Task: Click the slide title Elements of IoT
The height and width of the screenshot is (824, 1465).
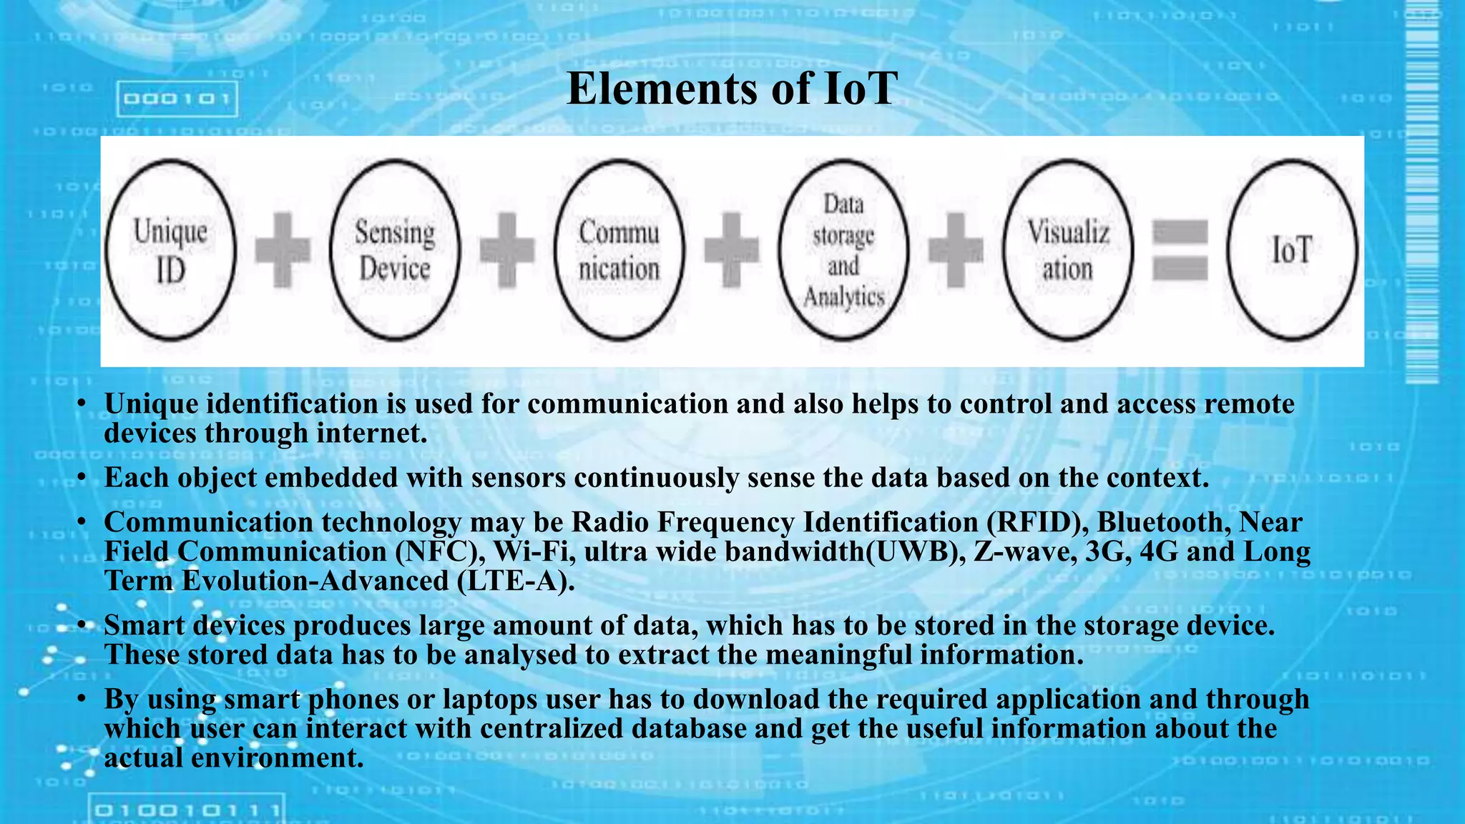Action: click(x=731, y=89)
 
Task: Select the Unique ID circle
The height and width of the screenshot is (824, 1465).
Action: click(x=170, y=250)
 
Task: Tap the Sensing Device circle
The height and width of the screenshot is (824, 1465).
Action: click(x=395, y=250)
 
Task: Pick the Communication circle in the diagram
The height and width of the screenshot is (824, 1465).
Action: click(x=619, y=250)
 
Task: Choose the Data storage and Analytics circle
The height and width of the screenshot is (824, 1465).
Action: click(x=843, y=250)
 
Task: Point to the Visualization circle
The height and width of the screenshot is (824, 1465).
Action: click(x=1068, y=250)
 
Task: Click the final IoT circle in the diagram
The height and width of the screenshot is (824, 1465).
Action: click(x=1292, y=250)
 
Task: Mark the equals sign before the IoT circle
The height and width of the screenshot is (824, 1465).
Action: click(x=1180, y=250)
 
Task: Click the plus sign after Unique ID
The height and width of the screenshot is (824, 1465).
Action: click(x=283, y=250)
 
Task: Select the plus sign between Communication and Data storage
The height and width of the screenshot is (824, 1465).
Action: click(x=731, y=250)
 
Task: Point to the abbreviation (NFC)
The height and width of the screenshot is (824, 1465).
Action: click(x=440, y=551)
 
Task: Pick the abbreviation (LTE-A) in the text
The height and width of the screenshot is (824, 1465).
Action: click(x=515, y=581)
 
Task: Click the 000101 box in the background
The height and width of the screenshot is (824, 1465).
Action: click(x=177, y=99)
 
